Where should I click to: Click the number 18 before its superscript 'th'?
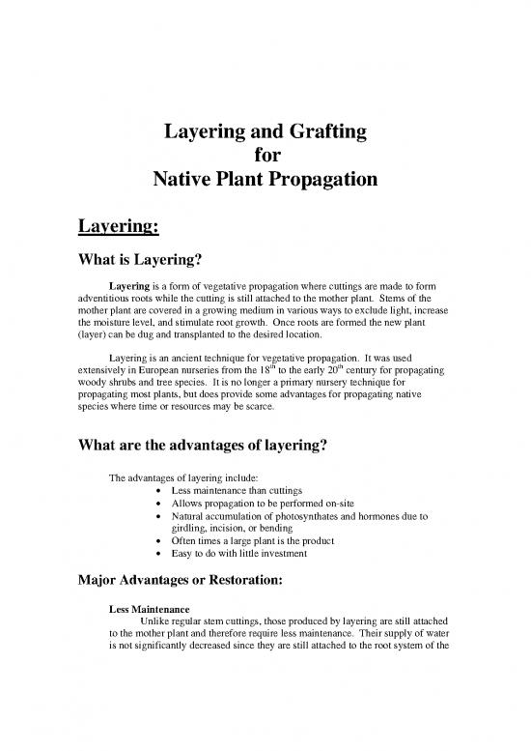[257, 372]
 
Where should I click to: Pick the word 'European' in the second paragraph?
[186, 372]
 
